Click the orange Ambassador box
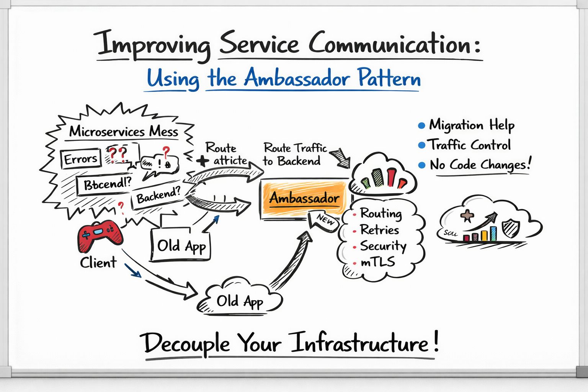tap(305, 198)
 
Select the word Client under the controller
tap(98, 263)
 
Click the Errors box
tap(81, 158)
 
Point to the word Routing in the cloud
tap(381, 213)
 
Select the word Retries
tap(379, 230)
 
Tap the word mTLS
tap(377, 262)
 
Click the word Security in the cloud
tap(383, 246)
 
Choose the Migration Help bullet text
tap(471, 126)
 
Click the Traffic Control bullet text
tap(469, 145)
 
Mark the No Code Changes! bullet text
tap(480, 165)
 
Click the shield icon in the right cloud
tap(510, 227)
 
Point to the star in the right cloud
tap(467, 216)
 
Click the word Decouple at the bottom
tap(186, 343)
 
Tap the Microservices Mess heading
tap(123, 132)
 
